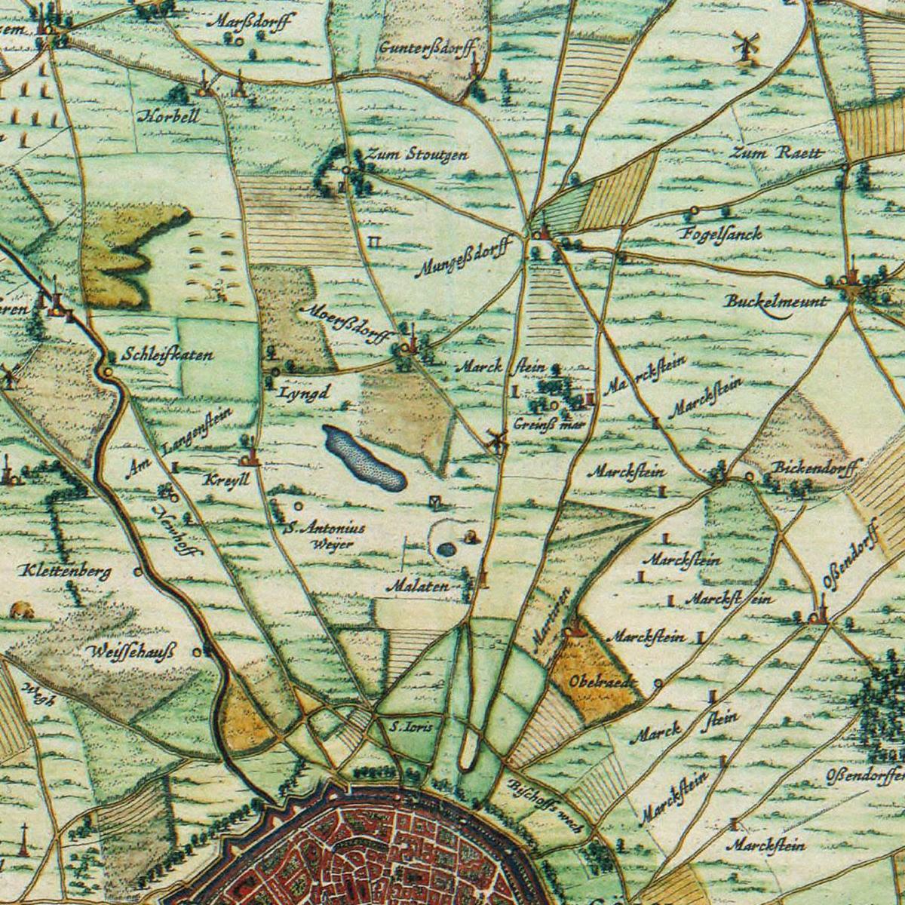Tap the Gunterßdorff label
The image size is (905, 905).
tap(428, 48)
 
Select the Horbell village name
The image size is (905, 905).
tap(170, 116)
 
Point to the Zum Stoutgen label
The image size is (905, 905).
tap(417, 155)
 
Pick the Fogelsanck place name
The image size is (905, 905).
tap(722, 233)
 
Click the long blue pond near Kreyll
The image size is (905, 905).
tap(363, 457)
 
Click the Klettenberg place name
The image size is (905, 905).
tap(66, 571)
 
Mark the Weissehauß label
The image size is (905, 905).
tap(130, 651)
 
